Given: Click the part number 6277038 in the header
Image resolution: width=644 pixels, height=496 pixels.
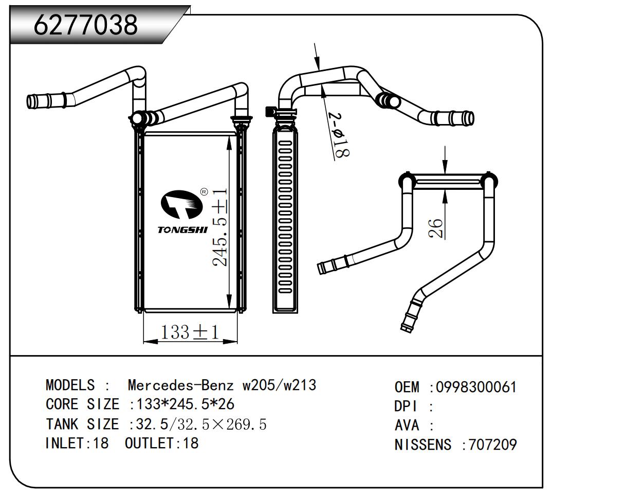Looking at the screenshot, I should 86,25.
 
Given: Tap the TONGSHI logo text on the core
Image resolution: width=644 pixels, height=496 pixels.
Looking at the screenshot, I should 182,229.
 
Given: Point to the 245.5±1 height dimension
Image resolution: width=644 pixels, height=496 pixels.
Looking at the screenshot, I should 220,227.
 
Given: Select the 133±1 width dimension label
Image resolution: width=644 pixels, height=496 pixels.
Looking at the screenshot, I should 190,332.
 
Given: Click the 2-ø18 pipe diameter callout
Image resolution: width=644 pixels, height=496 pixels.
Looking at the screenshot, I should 340,135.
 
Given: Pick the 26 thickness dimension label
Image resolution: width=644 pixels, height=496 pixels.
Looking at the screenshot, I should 435,228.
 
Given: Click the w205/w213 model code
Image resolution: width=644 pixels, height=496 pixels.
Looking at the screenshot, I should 280,385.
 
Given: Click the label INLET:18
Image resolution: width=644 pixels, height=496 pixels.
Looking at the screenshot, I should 77,443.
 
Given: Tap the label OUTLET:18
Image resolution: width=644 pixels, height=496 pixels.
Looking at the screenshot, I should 161,443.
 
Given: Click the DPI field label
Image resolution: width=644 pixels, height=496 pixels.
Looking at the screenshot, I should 406,406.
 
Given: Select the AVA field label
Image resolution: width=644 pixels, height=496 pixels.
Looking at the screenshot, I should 407,426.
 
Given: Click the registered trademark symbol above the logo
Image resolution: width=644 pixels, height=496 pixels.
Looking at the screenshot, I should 204,192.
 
